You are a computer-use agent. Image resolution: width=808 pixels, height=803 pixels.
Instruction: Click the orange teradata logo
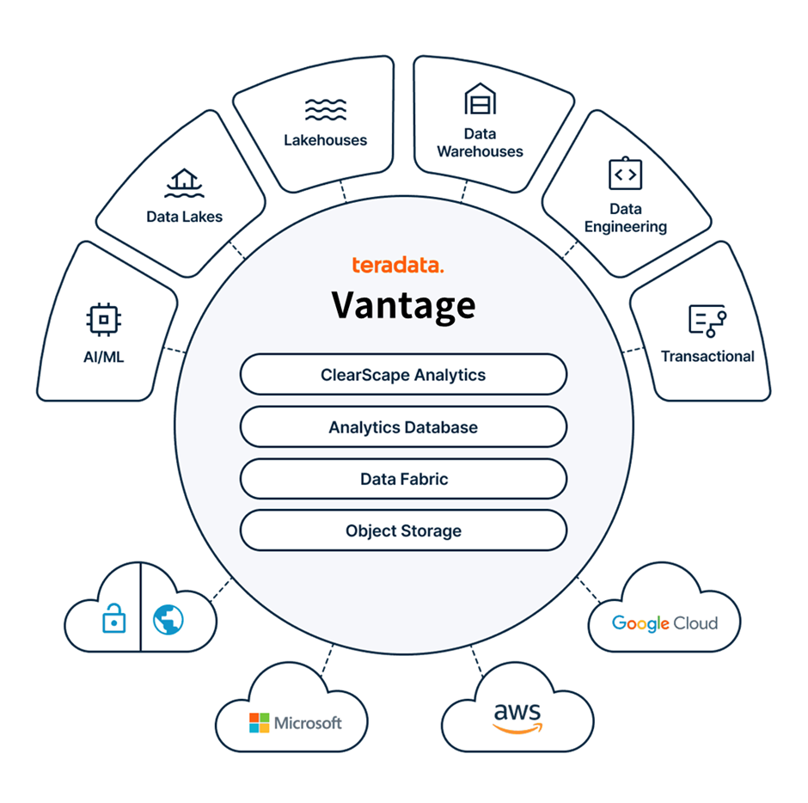tap(398, 266)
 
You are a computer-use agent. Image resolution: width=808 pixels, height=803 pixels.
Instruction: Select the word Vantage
tap(403, 304)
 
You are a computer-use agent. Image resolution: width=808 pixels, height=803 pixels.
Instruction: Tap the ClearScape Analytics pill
tap(403, 375)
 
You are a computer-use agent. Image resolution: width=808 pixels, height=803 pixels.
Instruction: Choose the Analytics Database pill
tap(403, 427)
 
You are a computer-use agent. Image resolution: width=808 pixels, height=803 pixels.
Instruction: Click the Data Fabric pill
tap(403, 479)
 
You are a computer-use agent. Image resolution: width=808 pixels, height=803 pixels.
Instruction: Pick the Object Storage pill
tap(403, 530)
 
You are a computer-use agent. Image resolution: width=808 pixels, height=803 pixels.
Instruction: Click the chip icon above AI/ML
tap(104, 320)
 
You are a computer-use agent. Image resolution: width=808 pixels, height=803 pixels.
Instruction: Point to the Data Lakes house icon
tap(183, 182)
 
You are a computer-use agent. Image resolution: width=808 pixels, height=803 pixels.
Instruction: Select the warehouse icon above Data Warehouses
tap(480, 100)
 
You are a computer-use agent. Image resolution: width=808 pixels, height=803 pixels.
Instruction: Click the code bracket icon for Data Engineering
tap(625, 175)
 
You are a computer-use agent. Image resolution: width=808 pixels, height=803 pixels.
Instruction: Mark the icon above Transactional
tap(707, 321)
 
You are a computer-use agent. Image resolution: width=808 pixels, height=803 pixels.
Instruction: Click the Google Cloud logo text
tap(664, 622)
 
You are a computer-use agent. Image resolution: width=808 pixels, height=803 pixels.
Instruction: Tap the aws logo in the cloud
tap(517, 718)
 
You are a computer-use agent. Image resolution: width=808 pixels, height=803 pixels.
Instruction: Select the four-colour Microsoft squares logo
tap(259, 723)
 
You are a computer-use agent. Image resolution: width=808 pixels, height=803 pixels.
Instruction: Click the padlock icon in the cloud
tap(113, 618)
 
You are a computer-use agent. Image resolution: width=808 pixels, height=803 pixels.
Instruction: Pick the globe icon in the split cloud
tap(168, 618)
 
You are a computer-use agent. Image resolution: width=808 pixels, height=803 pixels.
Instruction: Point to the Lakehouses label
tap(325, 140)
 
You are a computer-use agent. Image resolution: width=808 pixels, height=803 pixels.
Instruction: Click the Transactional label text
tap(707, 356)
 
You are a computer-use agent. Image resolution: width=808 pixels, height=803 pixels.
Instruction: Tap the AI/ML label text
tap(104, 356)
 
